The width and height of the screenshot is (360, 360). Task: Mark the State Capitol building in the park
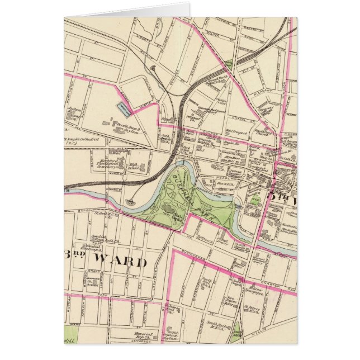tap(178, 215)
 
